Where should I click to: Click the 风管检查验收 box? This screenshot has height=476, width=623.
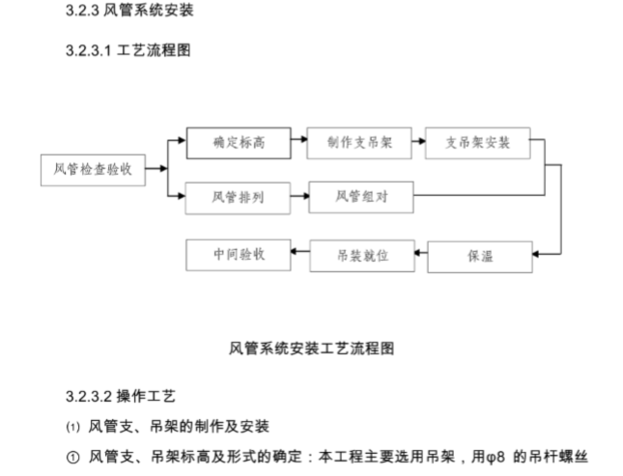[x=93, y=170]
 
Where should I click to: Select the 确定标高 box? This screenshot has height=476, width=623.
[x=238, y=143]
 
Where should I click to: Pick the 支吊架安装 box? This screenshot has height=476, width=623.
[x=477, y=143]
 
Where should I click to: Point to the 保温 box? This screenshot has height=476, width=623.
[x=479, y=257]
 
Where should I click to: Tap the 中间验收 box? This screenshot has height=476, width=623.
[x=238, y=255]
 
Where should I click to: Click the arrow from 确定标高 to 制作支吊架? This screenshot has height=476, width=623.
[x=298, y=143]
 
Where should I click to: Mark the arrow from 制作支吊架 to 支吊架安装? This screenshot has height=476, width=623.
[x=419, y=143]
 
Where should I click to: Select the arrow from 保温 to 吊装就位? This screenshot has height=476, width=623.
[x=419, y=256]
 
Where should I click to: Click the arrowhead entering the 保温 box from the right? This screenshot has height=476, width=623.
[x=537, y=255]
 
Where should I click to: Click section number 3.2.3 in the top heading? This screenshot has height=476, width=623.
[x=84, y=13]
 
